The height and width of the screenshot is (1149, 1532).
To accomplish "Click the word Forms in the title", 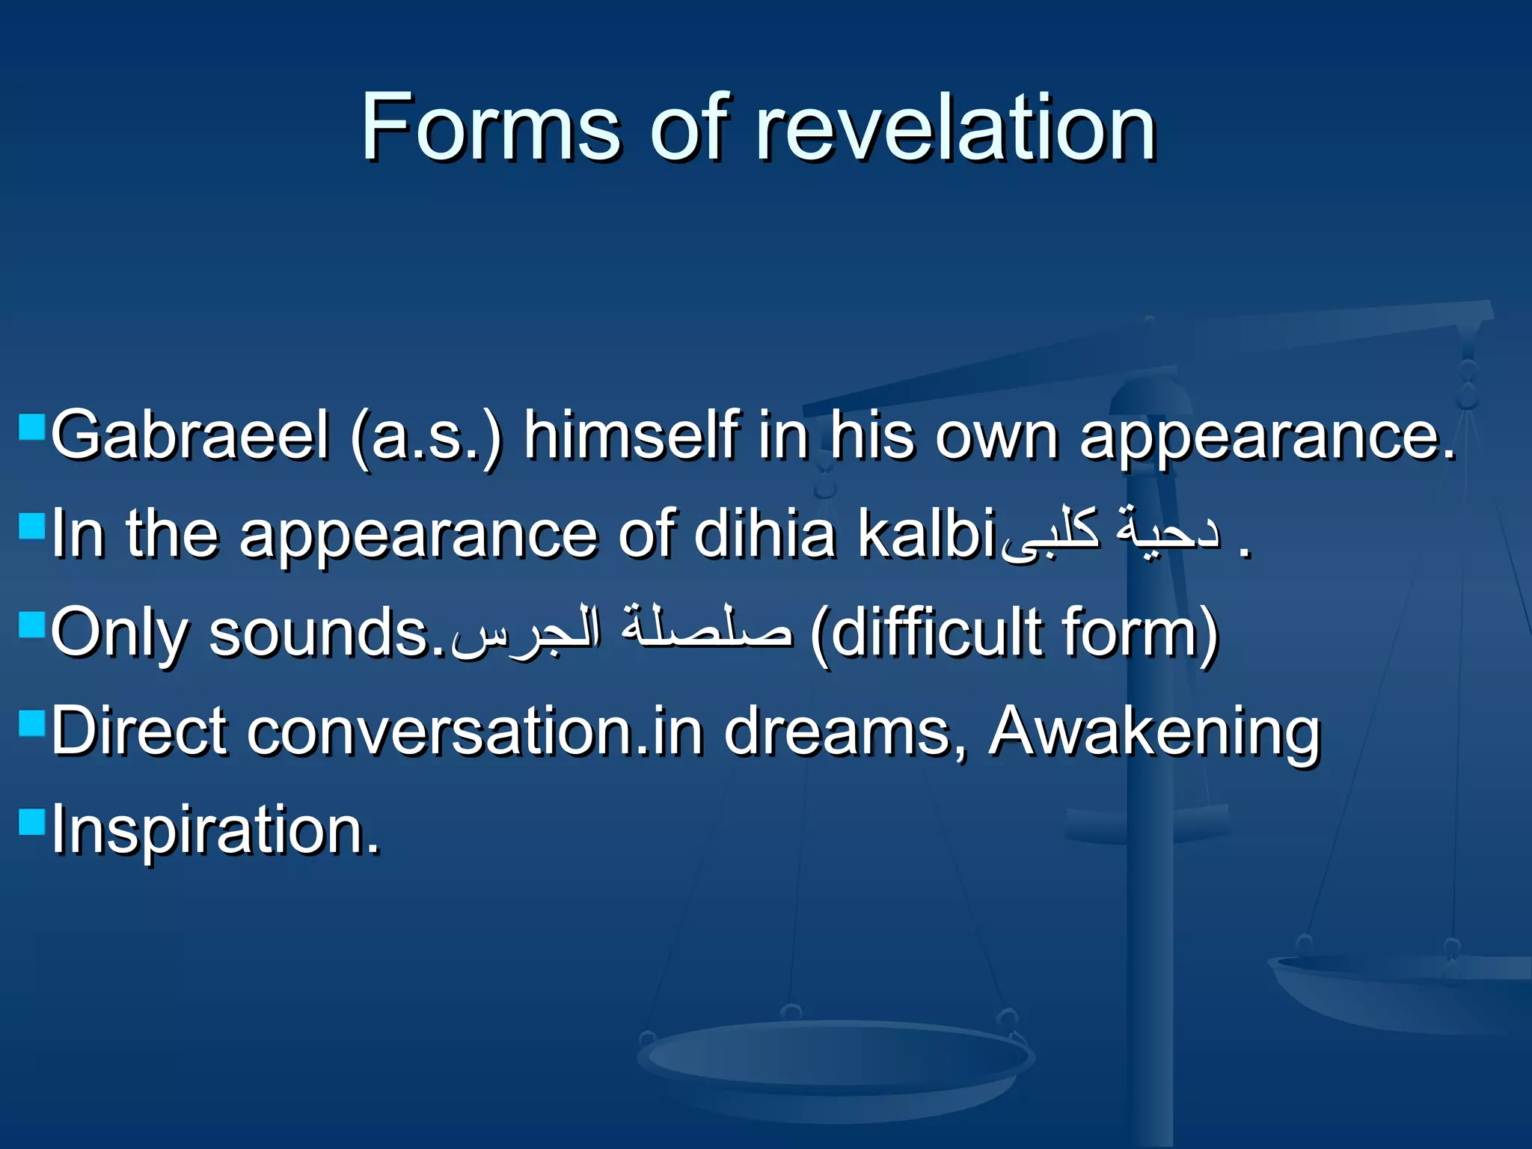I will click(491, 127).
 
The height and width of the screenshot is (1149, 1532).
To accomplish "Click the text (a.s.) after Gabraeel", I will click(426, 437).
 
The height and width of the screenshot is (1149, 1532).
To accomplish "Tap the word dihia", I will click(764, 535).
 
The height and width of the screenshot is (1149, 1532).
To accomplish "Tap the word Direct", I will click(139, 732).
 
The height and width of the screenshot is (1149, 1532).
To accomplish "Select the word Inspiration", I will click(215, 830).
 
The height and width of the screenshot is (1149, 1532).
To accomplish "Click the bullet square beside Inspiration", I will click(31, 821).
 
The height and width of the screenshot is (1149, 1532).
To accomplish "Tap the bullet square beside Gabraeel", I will click(31, 428).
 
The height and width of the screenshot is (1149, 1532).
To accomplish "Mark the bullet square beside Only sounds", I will click(31, 625).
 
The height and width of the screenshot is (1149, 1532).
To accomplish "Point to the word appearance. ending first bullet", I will click(1268, 437).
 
